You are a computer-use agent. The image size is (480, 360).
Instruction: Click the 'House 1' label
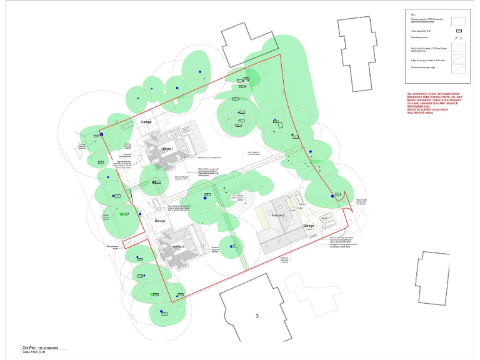pyautogui.click(x=167, y=149)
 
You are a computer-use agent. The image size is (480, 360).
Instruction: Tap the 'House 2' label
pyautogui.click(x=177, y=246)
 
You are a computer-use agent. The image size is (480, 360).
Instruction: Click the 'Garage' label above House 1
pyautogui.click(x=146, y=122)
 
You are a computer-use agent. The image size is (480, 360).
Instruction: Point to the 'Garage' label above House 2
pyautogui.click(x=161, y=221)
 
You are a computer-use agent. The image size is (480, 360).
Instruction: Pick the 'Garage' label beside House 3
pyautogui.click(x=307, y=226)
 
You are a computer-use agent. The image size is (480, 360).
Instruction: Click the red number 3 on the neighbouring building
pyautogui.click(x=257, y=316)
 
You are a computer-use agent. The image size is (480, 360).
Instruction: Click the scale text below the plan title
pyautogui.click(x=37, y=353)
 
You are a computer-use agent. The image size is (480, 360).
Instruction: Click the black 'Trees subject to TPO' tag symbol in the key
pyautogui.click(x=458, y=31)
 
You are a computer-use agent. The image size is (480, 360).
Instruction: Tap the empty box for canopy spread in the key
pyautogui.click(x=458, y=21)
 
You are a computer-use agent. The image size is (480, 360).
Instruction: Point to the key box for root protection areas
pyautogui.click(x=458, y=48)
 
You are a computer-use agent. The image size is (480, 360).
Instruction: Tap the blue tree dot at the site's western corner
pyautogui.click(x=101, y=134)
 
